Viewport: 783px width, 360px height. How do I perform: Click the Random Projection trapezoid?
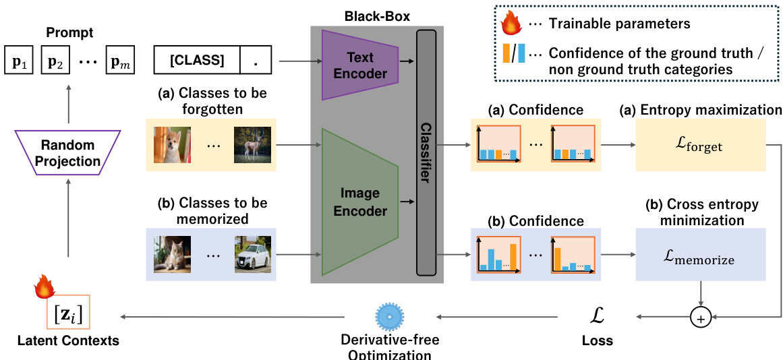tap(67, 154)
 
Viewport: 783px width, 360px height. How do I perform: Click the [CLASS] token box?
tap(196, 60)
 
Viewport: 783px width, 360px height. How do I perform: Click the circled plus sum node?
tap(701, 318)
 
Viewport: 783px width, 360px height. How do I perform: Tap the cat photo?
tap(172, 254)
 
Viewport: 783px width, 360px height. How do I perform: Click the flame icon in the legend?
tap(512, 24)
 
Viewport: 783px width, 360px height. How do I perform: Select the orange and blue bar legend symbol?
tap(513, 53)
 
